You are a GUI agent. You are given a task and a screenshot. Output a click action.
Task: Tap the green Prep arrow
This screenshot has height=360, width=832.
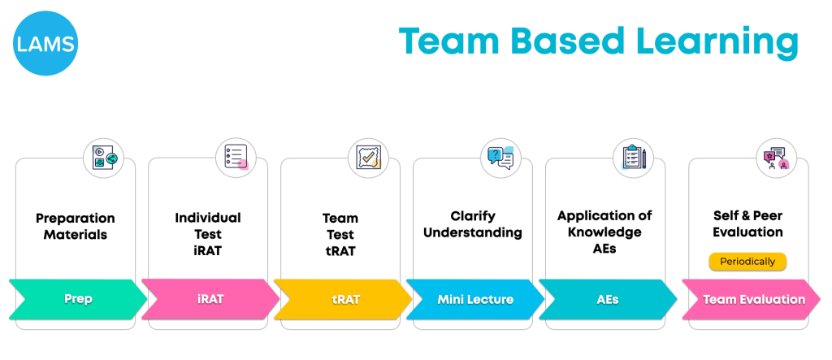pos(78,299)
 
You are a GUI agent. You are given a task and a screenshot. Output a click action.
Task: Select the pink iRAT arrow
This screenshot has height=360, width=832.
pos(210,299)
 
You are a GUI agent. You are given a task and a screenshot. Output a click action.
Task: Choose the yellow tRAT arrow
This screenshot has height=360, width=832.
pos(342,299)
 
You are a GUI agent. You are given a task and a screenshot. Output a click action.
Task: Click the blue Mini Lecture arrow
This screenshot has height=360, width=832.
pos(474,299)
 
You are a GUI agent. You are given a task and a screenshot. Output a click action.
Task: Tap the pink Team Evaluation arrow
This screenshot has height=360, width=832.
pos(753,299)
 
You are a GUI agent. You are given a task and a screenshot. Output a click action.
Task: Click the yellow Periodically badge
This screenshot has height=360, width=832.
pos(747,262)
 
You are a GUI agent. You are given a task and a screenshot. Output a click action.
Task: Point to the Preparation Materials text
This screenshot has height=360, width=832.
pos(76,227)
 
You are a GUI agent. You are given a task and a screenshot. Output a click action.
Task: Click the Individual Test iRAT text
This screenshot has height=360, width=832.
pos(208,233)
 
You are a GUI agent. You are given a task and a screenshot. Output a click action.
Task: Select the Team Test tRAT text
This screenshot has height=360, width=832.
pos(340,234)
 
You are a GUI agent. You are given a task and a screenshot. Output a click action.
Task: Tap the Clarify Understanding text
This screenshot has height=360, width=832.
pos(474,225)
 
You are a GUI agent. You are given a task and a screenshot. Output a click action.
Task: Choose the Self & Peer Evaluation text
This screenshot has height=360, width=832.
pos(747,224)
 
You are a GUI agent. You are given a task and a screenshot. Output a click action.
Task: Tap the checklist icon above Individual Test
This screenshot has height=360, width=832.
pos(236,157)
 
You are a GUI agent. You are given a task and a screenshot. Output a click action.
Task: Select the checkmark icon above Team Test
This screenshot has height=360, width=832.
pos(369,157)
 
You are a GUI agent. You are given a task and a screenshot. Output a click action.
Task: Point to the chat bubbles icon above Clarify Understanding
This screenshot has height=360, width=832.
pos(500,157)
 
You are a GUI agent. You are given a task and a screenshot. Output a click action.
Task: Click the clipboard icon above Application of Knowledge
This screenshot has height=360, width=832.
pos(633,157)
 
